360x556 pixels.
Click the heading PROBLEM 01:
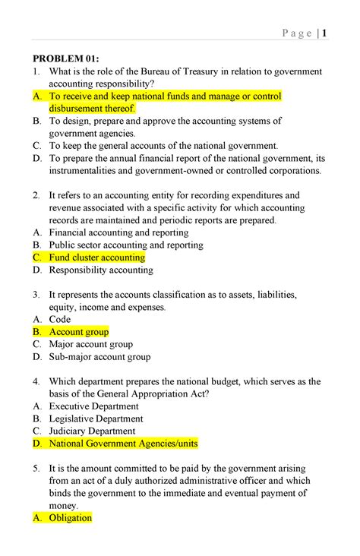pyautogui.click(x=65, y=58)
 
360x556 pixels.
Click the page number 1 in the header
pyautogui.click(x=324, y=33)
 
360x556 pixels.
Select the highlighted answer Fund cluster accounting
pyautogui.click(x=96, y=257)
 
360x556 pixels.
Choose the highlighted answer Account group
pyautogui.click(x=79, y=332)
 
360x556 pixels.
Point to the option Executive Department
pyautogui.click(x=96, y=406)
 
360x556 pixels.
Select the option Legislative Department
pyautogui.click(x=96, y=419)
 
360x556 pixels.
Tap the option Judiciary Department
pyautogui.click(x=93, y=431)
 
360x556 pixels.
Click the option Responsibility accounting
pyautogui.click(x=101, y=270)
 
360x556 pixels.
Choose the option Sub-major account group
pyautogui.click(x=99, y=356)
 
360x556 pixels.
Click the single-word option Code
pyautogui.click(x=60, y=319)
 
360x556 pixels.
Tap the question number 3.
pyautogui.click(x=35, y=295)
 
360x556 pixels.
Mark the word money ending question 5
pyautogui.click(x=64, y=505)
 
